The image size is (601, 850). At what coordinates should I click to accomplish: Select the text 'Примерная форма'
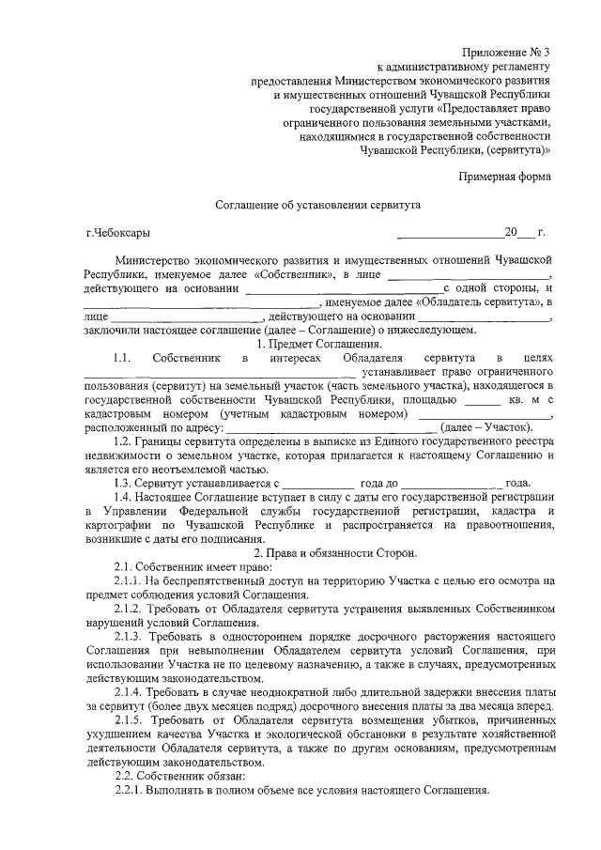coord(504,177)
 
